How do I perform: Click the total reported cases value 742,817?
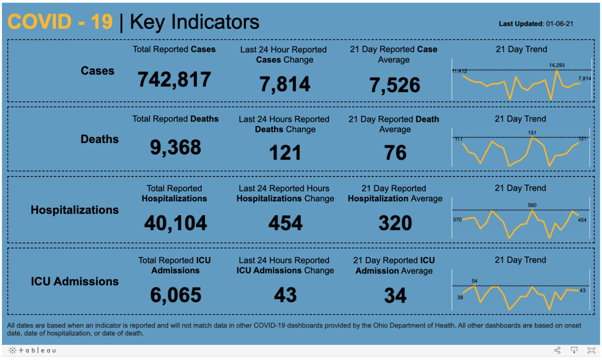coord(174,80)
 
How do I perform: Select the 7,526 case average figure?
coord(395,85)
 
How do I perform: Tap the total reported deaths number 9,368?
coord(175,148)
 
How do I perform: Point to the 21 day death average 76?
coord(395,153)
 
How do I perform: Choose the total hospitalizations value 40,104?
coord(175,223)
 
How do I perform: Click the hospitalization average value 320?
coord(395,223)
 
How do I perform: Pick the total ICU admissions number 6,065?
coord(175,295)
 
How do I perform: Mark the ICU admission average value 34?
coord(395,296)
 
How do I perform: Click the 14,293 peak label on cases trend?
coord(558,65)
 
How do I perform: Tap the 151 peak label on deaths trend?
coord(532,133)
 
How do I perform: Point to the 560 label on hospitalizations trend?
coord(532,205)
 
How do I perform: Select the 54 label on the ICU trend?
coord(475,281)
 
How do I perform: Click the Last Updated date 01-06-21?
coord(559,24)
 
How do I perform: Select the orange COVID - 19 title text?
coord(60,22)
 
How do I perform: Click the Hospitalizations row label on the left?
coord(75,210)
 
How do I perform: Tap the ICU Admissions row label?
coord(75,281)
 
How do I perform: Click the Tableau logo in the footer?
coord(33,350)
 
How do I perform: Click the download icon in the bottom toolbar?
coord(574,350)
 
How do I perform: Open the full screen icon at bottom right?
coord(591,350)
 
